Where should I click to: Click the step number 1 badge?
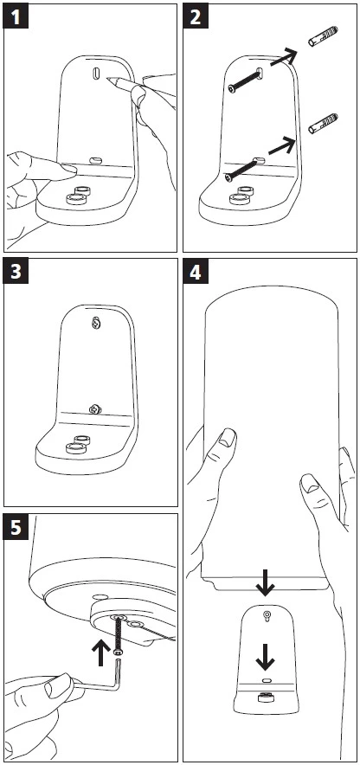point(16,17)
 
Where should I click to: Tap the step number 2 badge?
point(195,17)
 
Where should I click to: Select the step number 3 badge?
point(16,271)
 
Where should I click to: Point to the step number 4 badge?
point(195,271)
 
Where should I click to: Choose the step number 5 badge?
point(16,526)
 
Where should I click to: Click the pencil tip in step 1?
point(106,77)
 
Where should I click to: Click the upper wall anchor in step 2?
point(323,36)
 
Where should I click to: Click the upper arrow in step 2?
point(284,58)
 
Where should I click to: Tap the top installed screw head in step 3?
point(97,323)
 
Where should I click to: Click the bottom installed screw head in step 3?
point(94,408)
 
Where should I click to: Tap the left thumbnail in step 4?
point(227,438)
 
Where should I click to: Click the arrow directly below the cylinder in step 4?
point(265,581)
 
